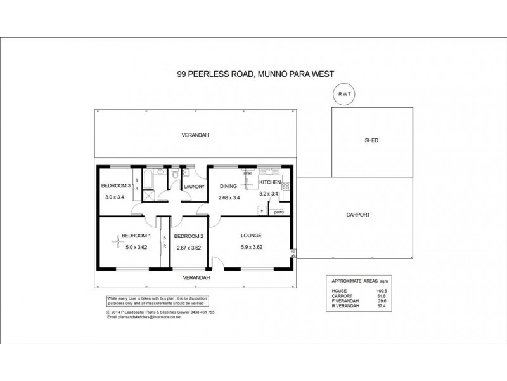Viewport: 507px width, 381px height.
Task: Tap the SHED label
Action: point(371,140)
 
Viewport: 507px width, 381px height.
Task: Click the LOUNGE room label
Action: point(251,236)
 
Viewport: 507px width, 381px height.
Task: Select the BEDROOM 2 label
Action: point(188,236)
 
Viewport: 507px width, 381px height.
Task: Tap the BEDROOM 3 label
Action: point(116,186)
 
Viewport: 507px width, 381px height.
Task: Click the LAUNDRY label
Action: point(193,187)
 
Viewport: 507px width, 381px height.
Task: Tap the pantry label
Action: point(279,211)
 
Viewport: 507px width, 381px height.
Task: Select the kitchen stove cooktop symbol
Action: point(286,187)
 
